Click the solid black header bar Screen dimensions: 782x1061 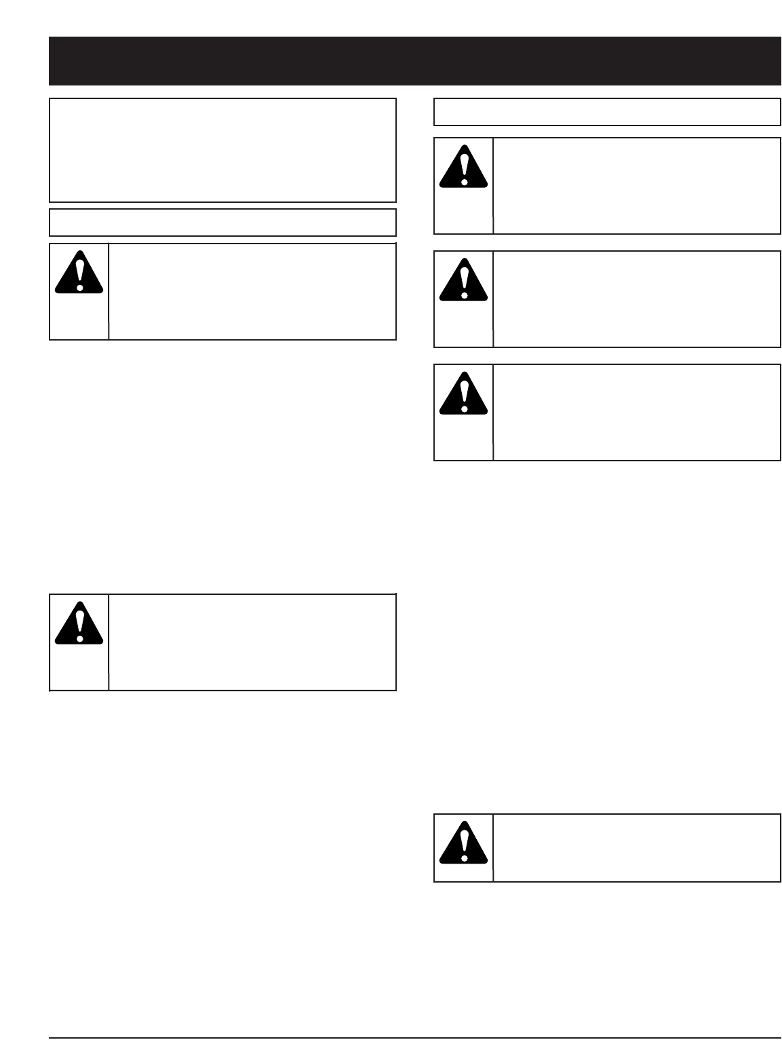pos(414,61)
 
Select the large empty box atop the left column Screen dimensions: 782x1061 pos(222,150)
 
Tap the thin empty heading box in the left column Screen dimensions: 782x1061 pos(222,223)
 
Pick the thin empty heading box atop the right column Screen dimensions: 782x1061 pos(607,112)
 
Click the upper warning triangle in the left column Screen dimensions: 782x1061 pos(79,273)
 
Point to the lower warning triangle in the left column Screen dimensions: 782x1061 pos(79,624)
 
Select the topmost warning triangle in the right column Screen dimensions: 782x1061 pos(464,168)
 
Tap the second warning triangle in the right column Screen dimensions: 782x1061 pos(464,281)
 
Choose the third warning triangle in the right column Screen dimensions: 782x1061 pos(464,394)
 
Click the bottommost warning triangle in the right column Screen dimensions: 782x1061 pos(464,844)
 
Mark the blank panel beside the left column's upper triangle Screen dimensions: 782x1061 pos(252,292)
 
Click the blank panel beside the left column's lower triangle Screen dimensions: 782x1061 pos(252,642)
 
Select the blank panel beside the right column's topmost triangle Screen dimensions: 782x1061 pos(637,186)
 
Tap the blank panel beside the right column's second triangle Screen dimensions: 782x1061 pos(637,299)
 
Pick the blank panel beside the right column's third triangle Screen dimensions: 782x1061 pos(637,412)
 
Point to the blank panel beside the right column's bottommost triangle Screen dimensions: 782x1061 pos(637,848)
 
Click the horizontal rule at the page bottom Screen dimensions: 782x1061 pos(414,1038)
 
